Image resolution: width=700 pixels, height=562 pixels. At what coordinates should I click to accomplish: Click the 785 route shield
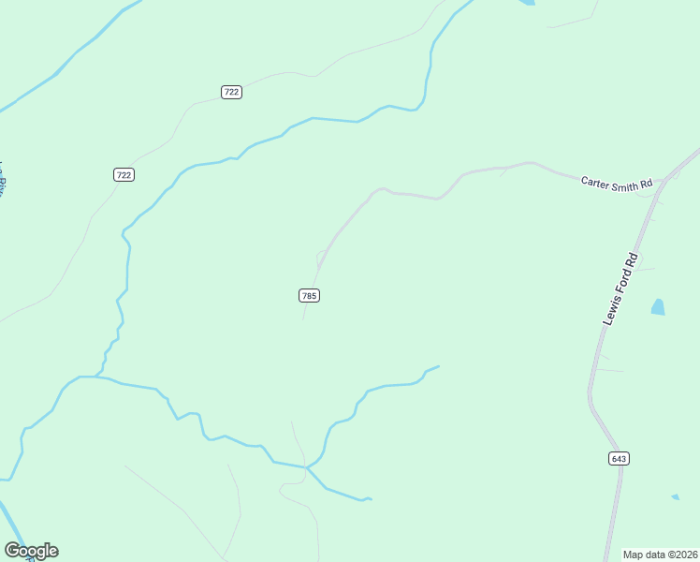click(x=310, y=295)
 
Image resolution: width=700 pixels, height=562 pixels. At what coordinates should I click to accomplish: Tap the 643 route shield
click(x=618, y=458)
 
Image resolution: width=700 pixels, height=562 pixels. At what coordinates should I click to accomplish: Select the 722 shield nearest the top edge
click(x=232, y=92)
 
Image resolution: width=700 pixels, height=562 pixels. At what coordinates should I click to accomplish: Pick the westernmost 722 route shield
click(x=124, y=174)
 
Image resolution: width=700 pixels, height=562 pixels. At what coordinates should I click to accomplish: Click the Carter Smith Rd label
click(x=616, y=184)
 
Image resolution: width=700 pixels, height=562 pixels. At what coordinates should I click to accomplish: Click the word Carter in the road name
click(x=596, y=181)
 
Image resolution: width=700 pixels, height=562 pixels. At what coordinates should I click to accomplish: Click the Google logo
click(x=31, y=551)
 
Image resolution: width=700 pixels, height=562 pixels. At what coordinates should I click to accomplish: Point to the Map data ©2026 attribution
click(x=659, y=554)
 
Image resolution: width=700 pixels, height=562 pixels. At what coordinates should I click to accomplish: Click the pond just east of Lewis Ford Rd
click(x=658, y=306)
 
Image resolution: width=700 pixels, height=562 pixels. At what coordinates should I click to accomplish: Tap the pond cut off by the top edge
click(x=527, y=3)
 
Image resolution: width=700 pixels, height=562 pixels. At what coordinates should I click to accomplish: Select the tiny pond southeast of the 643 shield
click(x=675, y=496)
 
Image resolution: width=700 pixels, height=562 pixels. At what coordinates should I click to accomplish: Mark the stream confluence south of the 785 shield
click(x=306, y=466)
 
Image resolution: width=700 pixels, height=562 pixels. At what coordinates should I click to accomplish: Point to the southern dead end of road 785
click(x=302, y=319)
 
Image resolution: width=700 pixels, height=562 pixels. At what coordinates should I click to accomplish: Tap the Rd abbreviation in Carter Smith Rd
click(x=645, y=187)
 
